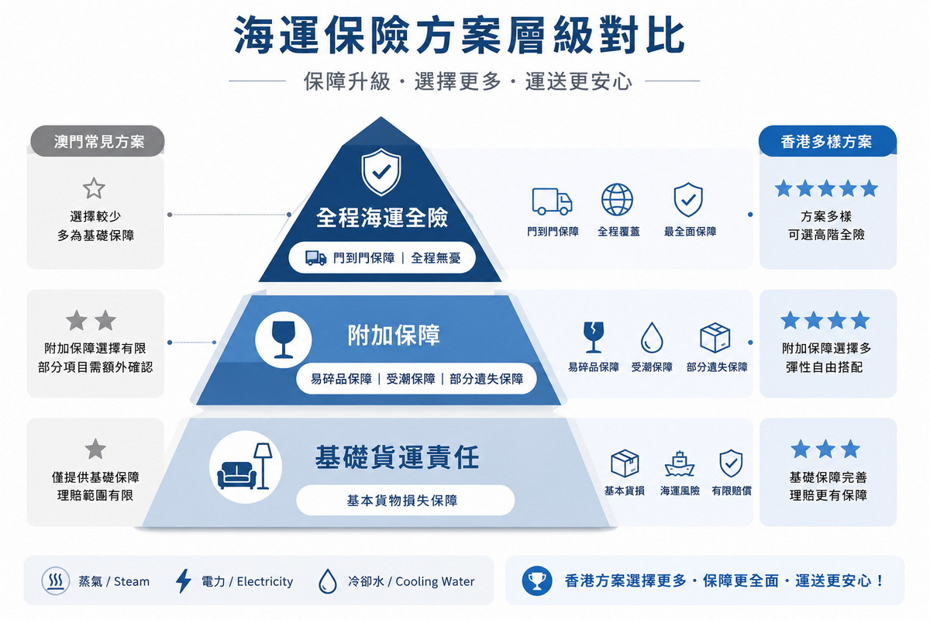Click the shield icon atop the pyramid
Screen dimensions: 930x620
coord(381,172)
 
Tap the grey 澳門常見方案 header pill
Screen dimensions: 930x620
coord(98,141)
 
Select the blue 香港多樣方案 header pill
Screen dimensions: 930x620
coord(828,141)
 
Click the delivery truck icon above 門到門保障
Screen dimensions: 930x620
coord(552,201)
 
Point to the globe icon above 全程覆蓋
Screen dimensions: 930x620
coord(618,200)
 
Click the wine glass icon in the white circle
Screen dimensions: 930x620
coord(284,339)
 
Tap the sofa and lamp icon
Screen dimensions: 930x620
coord(245,466)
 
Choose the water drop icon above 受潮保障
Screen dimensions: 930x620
coord(652,338)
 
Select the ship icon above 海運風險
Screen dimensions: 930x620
coord(679,463)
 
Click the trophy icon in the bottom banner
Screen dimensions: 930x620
coord(537,581)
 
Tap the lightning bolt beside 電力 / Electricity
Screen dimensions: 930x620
coord(183,580)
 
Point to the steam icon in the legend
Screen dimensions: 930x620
coord(55,580)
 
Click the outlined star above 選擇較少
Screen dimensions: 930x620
coord(94,188)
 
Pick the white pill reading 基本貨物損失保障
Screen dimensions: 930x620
coord(405,501)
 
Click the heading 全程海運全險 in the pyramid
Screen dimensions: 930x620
coord(382,217)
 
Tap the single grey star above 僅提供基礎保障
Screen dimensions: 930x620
coord(95,449)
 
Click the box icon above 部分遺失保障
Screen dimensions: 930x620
coord(715,338)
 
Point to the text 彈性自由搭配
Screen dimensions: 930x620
coord(824,367)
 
